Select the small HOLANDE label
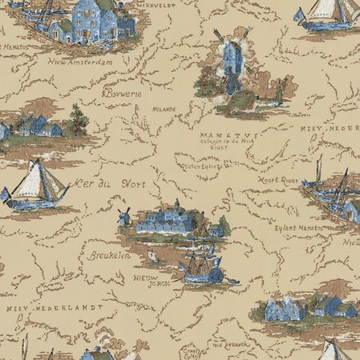(x=164, y=109)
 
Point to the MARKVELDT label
(x=157, y=4)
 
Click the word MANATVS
(x=229, y=137)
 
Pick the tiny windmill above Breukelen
(x=124, y=216)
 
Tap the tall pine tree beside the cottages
(x=78, y=120)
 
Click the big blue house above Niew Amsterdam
(x=96, y=18)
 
